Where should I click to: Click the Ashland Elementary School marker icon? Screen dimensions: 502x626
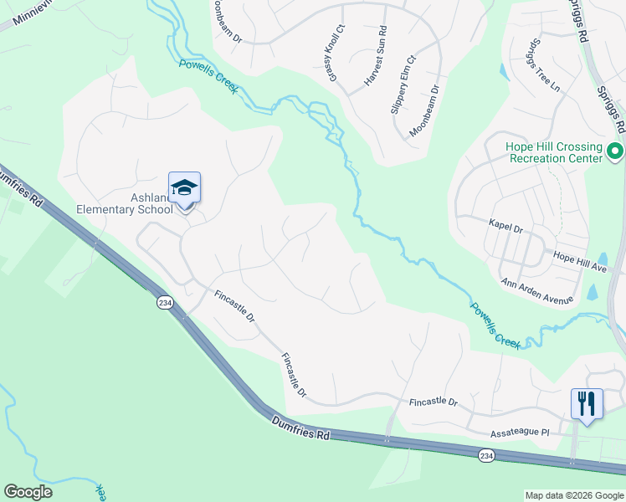pos(184,188)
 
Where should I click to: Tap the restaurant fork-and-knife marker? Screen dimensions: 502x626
pos(587,404)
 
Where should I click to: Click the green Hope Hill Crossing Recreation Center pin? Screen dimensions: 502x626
pos(615,152)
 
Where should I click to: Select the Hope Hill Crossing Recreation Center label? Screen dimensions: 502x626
pos(554,152)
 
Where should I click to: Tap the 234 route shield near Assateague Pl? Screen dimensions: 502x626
pos(487,455)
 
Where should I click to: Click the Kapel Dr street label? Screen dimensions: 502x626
pos(505,227)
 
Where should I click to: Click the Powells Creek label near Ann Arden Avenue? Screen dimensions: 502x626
pos(495,325)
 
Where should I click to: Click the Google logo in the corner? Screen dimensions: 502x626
pos(28,492)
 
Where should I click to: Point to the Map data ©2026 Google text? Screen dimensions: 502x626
pos(573,495)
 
